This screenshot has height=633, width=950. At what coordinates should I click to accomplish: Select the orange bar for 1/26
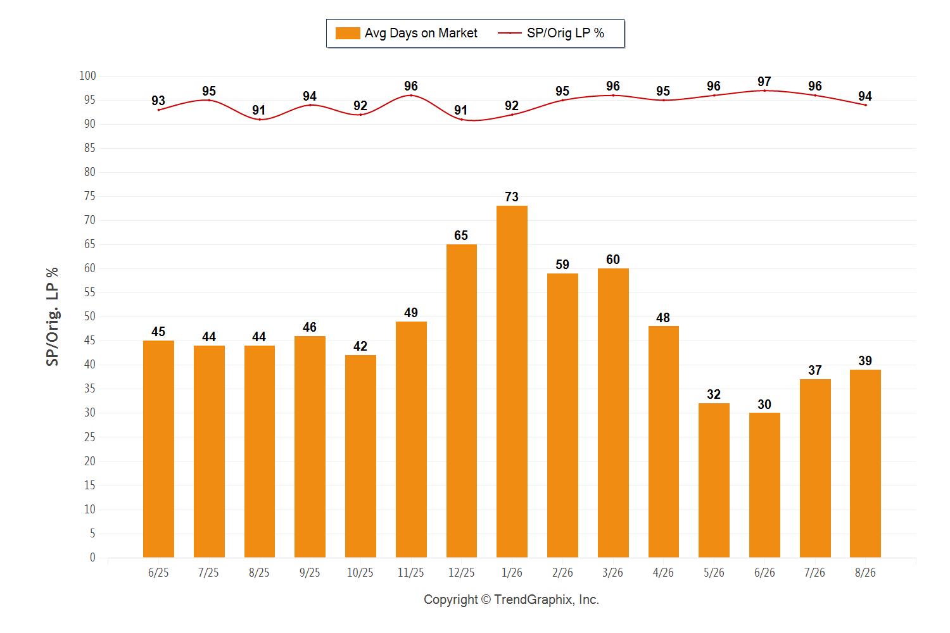(512, 382)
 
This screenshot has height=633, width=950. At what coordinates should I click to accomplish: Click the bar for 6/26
(764, 485)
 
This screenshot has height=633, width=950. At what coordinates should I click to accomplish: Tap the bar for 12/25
(462, 401)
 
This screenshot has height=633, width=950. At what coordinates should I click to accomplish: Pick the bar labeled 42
(360, 456)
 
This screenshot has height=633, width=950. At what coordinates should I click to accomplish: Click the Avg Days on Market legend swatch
(348, 33)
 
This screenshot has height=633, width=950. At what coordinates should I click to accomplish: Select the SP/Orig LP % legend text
(566, 33)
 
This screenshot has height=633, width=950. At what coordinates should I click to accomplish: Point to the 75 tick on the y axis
(89, 196)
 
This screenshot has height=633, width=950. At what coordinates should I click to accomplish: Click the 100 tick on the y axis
(87, 75)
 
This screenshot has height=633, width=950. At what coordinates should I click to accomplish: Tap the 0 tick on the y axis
(92, 557)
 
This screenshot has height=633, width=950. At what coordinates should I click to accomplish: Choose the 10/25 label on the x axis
(360, 573)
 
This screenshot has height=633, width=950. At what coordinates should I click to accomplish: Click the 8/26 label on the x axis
(865, 573)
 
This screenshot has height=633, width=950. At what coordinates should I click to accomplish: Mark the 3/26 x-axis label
(613, 573)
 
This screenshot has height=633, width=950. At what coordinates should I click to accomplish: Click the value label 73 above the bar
(512, 197)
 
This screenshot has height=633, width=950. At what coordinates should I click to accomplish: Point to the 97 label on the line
(764, 82)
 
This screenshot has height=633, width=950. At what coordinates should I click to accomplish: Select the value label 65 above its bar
(461, 235)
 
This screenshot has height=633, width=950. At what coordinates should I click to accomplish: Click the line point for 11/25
(411, 96)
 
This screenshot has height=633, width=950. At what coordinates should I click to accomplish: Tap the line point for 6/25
(158, 110)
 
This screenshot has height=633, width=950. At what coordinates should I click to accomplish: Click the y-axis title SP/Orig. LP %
(52, 316)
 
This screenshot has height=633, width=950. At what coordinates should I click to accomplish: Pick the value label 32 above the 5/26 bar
(714, 394)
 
